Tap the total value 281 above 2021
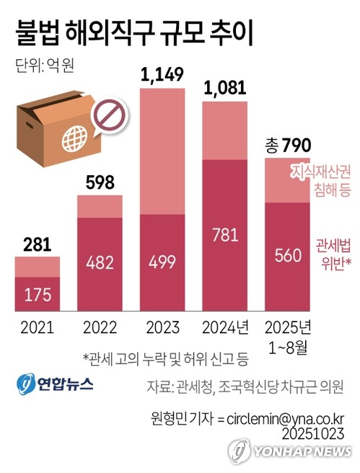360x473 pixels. [x=37, y=244]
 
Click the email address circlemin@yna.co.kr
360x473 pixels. [x=286, y=419]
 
